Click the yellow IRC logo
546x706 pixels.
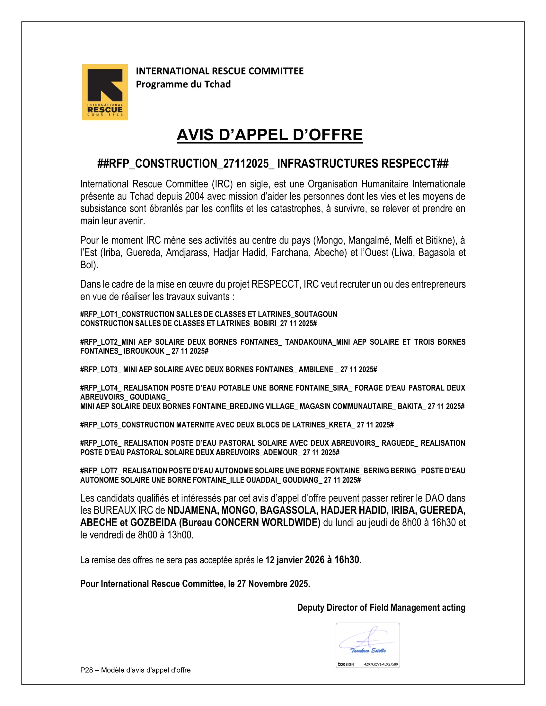(x=105, y=92)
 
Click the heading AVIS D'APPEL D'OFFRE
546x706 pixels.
(x=269, y=135)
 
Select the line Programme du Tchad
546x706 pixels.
(x=183, y=84)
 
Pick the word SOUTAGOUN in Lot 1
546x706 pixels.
(x=316, y=314)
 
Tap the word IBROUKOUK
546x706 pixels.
(x=144, y=351)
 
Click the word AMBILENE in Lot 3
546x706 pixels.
(x=316, y=369)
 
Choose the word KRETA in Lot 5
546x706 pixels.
(x=340, y=425)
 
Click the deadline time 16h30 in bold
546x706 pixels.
(x=347, y=560)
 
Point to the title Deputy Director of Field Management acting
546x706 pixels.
(x=381, y=608)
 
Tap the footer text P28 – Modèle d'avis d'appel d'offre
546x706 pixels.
(x=135, y=670)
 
